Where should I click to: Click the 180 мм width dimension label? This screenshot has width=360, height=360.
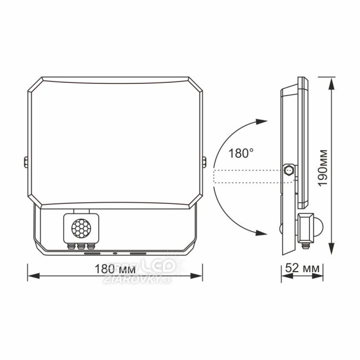tap(115, 269)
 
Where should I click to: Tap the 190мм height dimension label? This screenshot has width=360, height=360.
tap(323, 168)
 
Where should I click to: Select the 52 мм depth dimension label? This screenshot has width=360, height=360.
tap(302, 268)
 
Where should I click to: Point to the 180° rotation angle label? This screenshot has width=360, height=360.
tap(241, 153)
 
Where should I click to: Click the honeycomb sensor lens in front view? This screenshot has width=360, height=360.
tap(81, 228)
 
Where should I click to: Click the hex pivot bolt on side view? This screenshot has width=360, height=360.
tap(289, 170)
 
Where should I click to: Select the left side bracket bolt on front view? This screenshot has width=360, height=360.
tap(26, 162)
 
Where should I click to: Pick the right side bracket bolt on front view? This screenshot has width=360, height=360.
tap(204, 162)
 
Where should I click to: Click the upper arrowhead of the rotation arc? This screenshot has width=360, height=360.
tap(262, 122)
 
